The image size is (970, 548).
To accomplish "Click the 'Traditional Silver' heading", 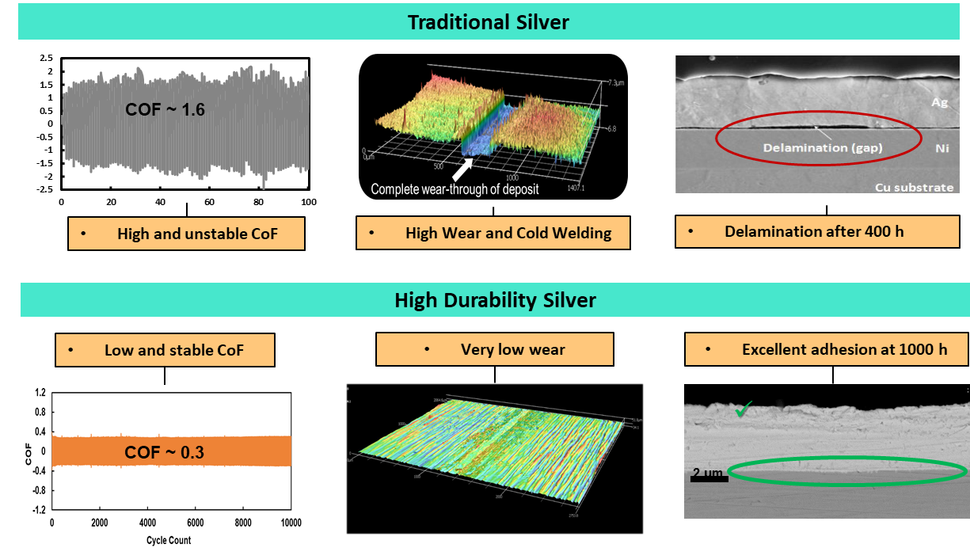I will [x=488, y=22].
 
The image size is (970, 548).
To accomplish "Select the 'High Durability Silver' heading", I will [x=495, y=300].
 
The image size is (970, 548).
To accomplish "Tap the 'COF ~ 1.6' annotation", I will [x=165, y=109].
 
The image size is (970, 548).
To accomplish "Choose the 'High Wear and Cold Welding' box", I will [x=493, y=233].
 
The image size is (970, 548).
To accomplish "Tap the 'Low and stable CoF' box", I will [x=165, y=350].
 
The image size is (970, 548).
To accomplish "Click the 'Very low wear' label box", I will [x=494, y=349].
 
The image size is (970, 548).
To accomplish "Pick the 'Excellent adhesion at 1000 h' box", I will [x=827, y=349].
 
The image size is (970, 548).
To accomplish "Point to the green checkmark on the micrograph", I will [x=743, y=410].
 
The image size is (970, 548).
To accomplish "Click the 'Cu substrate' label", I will [x=915, y=187].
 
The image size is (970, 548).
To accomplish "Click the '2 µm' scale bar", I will [x=709, y=475].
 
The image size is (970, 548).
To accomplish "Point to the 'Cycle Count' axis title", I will [x=168, y=540].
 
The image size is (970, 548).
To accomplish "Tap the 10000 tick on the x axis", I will [x=291, y=523].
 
